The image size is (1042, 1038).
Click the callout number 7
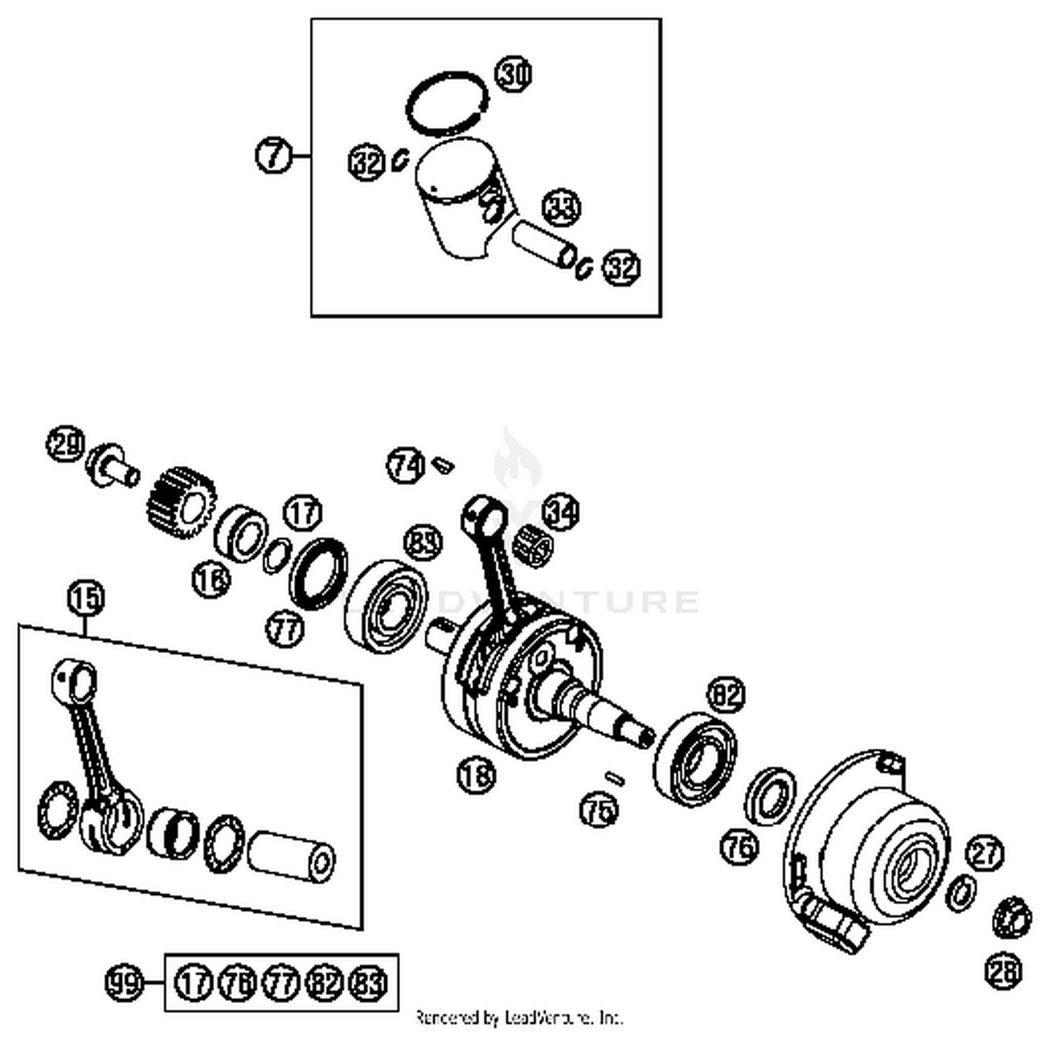point(274,155)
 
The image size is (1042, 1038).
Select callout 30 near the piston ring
point(513,74)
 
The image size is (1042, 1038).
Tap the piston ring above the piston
point(447,103)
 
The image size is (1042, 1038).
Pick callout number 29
point(66,445)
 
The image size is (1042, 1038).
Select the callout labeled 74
point(406,465)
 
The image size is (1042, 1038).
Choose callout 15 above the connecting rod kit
point(85,598)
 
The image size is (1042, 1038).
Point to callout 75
point(599,810)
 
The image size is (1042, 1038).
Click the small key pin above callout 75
point(615,778)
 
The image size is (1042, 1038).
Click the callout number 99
point(124,982)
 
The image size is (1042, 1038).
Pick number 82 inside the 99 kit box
point(325,983)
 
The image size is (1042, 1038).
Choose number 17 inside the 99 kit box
point(192,983)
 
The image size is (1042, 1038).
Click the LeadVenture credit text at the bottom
point(519,1019)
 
